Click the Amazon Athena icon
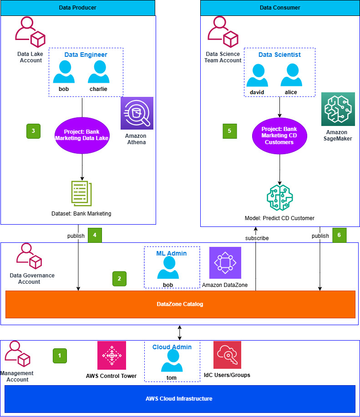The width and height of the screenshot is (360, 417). [x=137, y=113]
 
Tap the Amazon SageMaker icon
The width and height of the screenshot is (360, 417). [x=338, y=109]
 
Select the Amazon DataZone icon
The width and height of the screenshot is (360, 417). [x=225, y=263]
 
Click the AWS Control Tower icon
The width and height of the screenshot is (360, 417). [x=112, y=355]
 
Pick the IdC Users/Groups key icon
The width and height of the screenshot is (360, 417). [x=227, y=355]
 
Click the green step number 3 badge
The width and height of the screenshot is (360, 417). [x=33, y=131]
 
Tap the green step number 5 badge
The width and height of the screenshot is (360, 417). [x=229, y=131]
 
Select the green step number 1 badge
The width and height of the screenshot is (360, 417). [x=59, y=355]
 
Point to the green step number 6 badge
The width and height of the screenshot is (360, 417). [x=339, y=235]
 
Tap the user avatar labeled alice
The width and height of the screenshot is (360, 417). [x=291, y=75]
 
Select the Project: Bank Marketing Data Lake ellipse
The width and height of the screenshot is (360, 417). [x=82, y=135]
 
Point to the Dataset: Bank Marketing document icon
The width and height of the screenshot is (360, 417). [x=81, y=194]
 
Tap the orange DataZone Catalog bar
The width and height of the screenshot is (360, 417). [x=180, y=304]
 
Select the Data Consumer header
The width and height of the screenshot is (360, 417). [x=280, y=8]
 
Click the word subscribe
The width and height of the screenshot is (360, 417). [x=257, y=238]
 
